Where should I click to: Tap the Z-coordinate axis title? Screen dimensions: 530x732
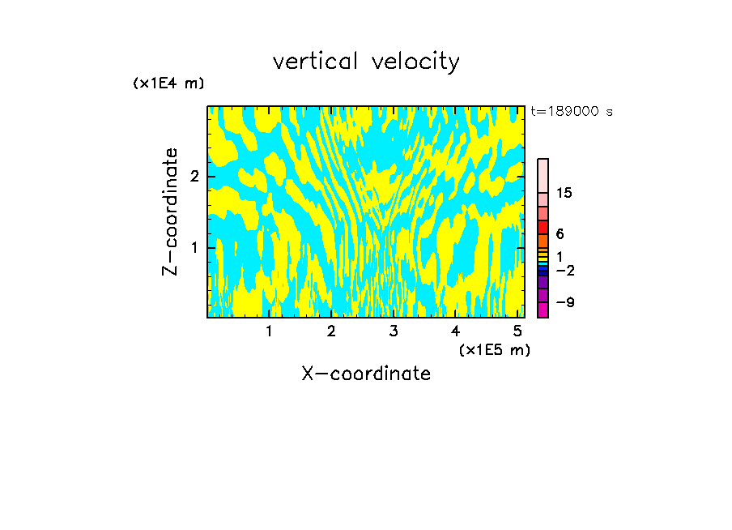pyautogui.click(x=170, y=212)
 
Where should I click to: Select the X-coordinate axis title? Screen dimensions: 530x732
pyautogui.click(x=366, y=374)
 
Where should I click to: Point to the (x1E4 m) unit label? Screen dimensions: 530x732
pyautogui.click(x=168, y=83)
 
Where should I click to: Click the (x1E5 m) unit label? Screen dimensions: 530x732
pyautogui.click(x=494, y=349)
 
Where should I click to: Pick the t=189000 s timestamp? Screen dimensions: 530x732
pyautogui.click(x=572, y=112)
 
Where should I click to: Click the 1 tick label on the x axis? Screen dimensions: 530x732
pyautogui.click(x=269, y=331)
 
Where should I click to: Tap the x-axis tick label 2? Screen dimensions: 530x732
pyautogui.click(x=331, y=331)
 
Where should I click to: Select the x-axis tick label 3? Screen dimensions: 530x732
pyautogui.click(x=393, y=331)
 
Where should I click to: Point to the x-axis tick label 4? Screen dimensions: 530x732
pyautogui.click(x=455, y=331)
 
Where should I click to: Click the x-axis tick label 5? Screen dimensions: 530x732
pyautogui.click(x=517, y=331)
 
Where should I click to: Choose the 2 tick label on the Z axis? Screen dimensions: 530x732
pyautogui.click(x=194, y=177)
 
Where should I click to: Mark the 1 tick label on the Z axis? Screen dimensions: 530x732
pyautogui.click(x=194, y=247)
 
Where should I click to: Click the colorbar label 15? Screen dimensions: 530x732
pyautogui.click(x=564, y=193)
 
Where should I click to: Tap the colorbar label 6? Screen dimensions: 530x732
pyautogui.click(x=560, y=234)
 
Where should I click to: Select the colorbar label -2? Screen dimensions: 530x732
pyautogui.click(x=564, y=270)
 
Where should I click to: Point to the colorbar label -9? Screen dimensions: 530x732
pyautogui.click(x=564, y=302)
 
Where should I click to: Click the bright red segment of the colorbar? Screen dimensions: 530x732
pyautogui.click(x=543, y=227)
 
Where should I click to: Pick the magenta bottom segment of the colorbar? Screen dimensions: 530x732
pyautogui.click(x=543, y=310)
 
